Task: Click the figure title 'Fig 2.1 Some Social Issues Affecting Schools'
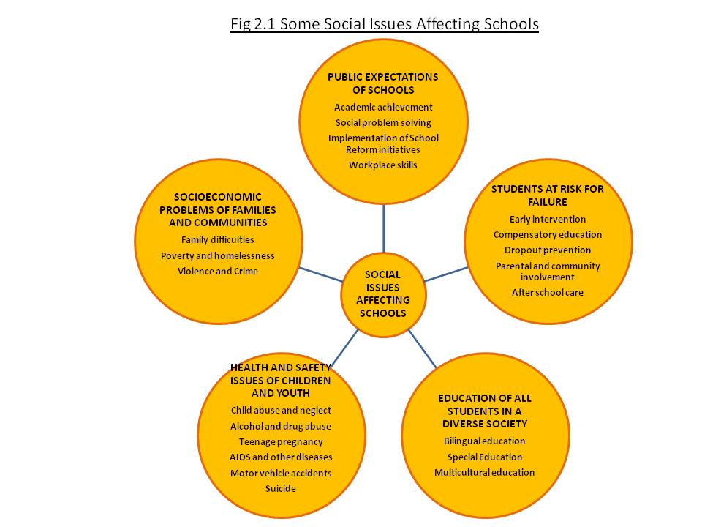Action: pyautogui.click(x=384, y=23)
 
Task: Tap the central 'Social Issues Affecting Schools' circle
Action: pyautogui.click(x=382, y=294)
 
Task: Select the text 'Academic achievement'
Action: pyautogui.click(x=383, y=107)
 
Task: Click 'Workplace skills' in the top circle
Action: pyautogui.click(x=382, y=165)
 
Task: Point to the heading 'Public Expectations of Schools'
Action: pyautogui.click(x=382, y=83)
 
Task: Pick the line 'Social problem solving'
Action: pyautogui.click(x=383, y=123)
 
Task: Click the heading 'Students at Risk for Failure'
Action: pyautogui.click(x=548, y=195)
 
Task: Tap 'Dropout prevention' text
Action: pyautogui.click(x=548, y=250)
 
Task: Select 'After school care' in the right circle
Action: pyautogui.click(x=548, y=293)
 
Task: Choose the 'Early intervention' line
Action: pyautogui.click(x=548, y=219)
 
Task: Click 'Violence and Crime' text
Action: pyautogui.click(x=218, y=271)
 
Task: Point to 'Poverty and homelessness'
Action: pyautogui.click(x=218, y=256)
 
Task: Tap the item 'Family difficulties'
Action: pyautogui.click(x=218, y=240)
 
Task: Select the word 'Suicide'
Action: pyautogui.click(x=281, y=488)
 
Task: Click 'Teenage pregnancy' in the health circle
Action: pyautogui.click(x=281, y=442)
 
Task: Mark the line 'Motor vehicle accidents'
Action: pyautogui.click(x=281, y=474)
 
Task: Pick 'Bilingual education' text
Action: pyautogui.click(x=484, y=441)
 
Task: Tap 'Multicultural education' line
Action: pyautogui.click(x=484, y=472)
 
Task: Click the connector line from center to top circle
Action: pyautogui.click(x=384, y=228)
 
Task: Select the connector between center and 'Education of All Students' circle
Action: pyautogui.click(x=422, y=348)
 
